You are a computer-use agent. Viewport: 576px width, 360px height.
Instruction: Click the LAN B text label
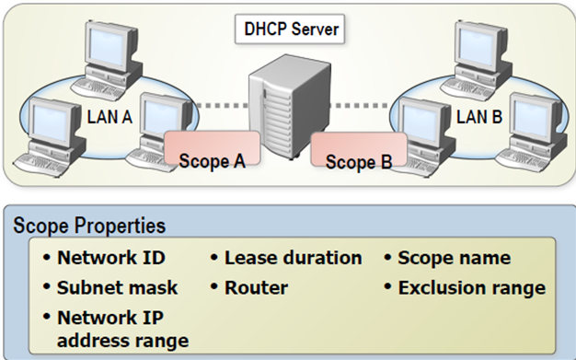pos(479,117)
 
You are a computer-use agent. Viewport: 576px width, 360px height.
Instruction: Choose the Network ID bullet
pos(108,259)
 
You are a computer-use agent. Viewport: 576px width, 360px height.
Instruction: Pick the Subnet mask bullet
pos(117,287)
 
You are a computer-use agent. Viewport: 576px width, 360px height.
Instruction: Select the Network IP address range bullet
pos(122,329)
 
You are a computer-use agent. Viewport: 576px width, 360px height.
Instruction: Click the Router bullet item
pos(256,287)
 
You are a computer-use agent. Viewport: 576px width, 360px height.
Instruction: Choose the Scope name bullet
pos(454,259)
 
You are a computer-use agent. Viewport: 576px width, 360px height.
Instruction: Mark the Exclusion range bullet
pos(471,287)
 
